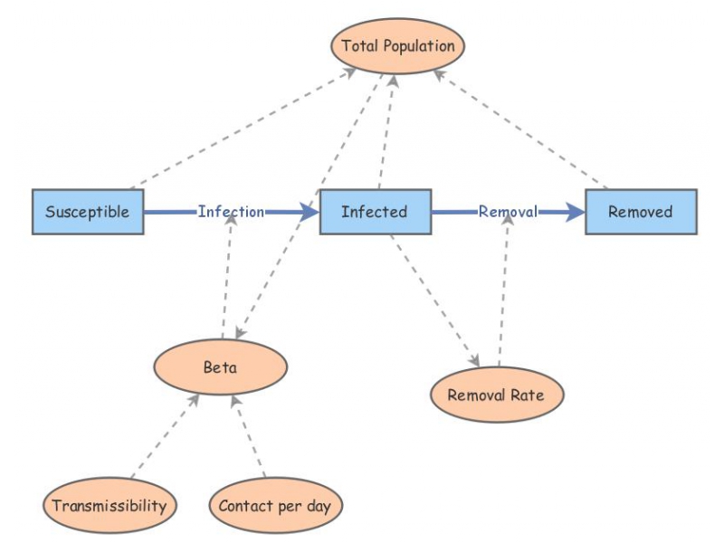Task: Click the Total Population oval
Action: (398, 45)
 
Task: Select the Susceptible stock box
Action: (88, 212)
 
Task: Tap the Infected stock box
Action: (375, 212)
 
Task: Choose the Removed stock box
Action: (641, 212)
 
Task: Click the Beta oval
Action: (220, 368)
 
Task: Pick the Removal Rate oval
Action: (497, 395)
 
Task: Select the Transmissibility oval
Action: (110, 505)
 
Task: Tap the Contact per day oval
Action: (275, 505)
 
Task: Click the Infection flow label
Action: (231, 212)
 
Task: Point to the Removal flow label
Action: (508, 212)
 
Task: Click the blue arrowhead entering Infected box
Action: (310, 212)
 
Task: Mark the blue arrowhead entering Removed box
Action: (576, 212)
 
